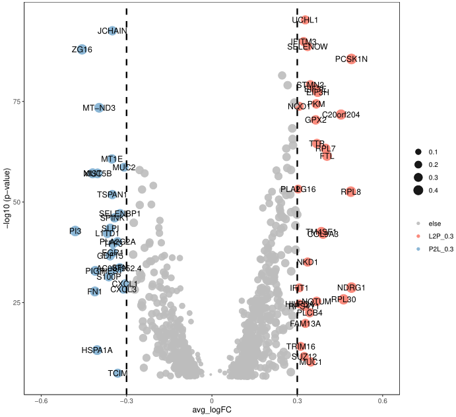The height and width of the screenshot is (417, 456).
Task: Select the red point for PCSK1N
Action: (x=351, y=59)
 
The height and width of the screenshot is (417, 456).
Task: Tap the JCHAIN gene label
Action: (x=112, y=31)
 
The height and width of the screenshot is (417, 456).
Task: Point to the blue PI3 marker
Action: (x=76, y=231)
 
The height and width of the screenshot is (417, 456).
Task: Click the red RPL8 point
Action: (x=351, y=192)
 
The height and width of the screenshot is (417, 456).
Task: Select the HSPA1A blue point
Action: (x=97, y=350)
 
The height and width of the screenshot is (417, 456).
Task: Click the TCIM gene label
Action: (x=117, y=373)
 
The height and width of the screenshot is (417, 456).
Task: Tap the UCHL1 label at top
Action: (x=305, y=20)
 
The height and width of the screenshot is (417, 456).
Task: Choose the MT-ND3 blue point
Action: (x=99, y=108)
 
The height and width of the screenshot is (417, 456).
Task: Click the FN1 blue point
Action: (x=94, y=291)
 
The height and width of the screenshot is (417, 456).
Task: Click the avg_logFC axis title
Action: (x=212, y=411)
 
